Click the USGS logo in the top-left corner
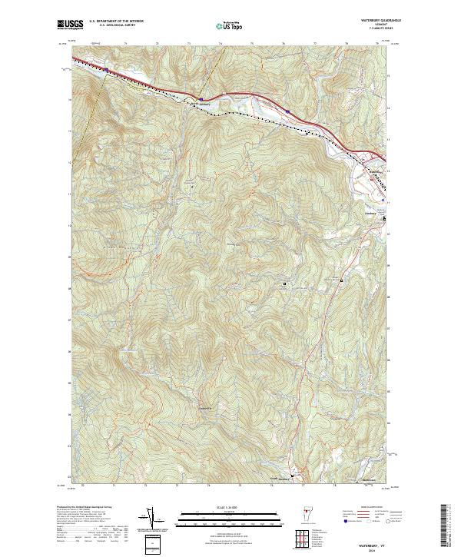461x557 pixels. (x=70, y=25)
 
